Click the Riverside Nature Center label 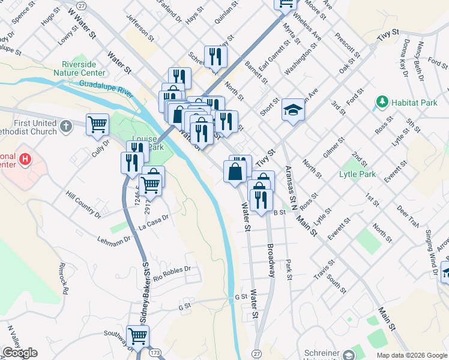click(83, 68)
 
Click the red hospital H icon click(25, 160)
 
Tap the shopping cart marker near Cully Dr click(97, 125)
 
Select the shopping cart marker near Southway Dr click(137, 337)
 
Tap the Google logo click(20, 353)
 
